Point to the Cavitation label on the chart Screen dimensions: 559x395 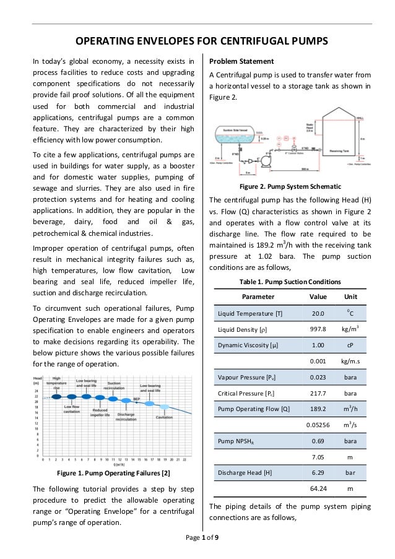pos(164,417)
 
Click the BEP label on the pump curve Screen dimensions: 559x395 pos(136,399)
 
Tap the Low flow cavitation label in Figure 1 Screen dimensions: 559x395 pos(72,409)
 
